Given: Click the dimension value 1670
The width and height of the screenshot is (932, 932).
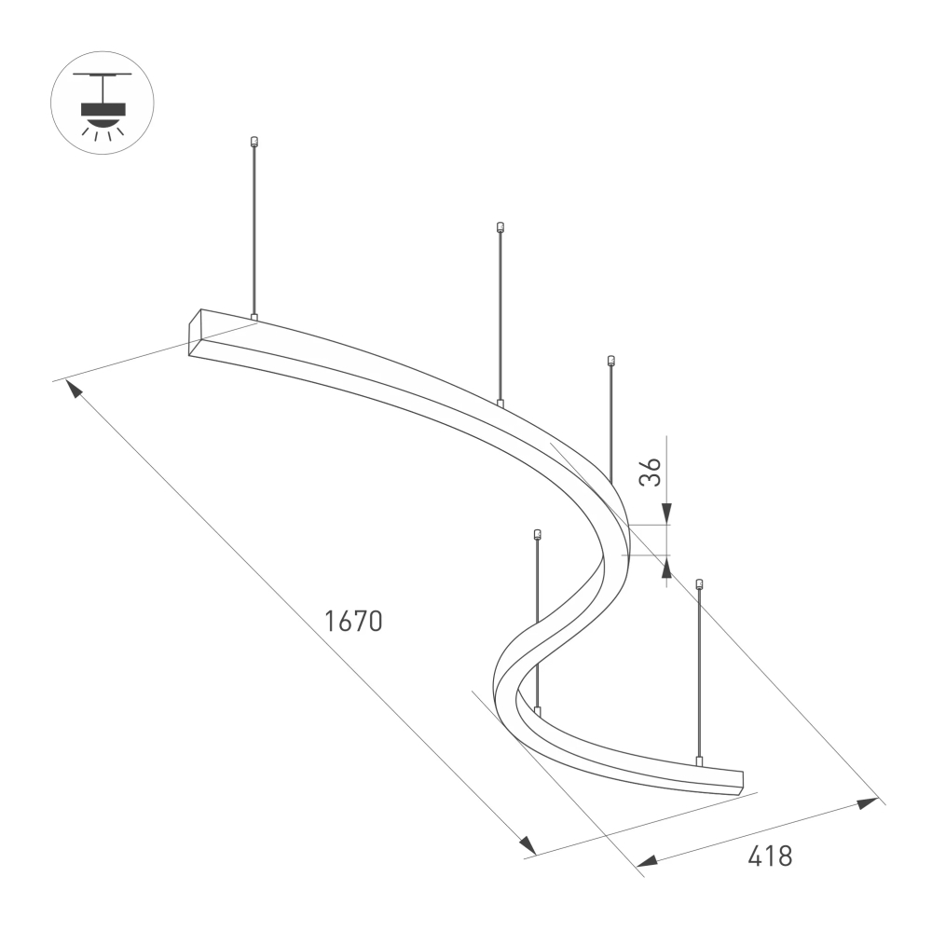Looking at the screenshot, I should tap(353, 621).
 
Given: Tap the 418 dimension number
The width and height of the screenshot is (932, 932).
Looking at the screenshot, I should tap(770, 856).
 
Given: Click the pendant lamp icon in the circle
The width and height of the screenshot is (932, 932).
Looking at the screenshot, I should tap(103, 102).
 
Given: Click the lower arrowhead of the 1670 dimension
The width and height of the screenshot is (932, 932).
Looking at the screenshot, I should tap(528, 844).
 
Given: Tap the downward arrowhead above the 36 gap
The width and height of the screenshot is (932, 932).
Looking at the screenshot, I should tap(667, 512).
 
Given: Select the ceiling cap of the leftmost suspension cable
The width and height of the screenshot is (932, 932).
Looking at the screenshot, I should tap(253, 143).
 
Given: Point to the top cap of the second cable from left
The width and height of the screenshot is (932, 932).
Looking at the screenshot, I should tap(500, 226).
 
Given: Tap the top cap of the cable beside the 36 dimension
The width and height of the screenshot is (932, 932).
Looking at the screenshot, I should tap(611, 360).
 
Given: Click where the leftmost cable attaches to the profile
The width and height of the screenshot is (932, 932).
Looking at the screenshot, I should tap(254, 318).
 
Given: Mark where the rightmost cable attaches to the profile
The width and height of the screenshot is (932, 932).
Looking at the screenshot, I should tap(698, 761).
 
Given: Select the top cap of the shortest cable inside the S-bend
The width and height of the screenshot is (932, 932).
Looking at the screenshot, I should tap(537, 534).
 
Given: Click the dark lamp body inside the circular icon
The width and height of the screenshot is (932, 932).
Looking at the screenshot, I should tap(103, 109).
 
